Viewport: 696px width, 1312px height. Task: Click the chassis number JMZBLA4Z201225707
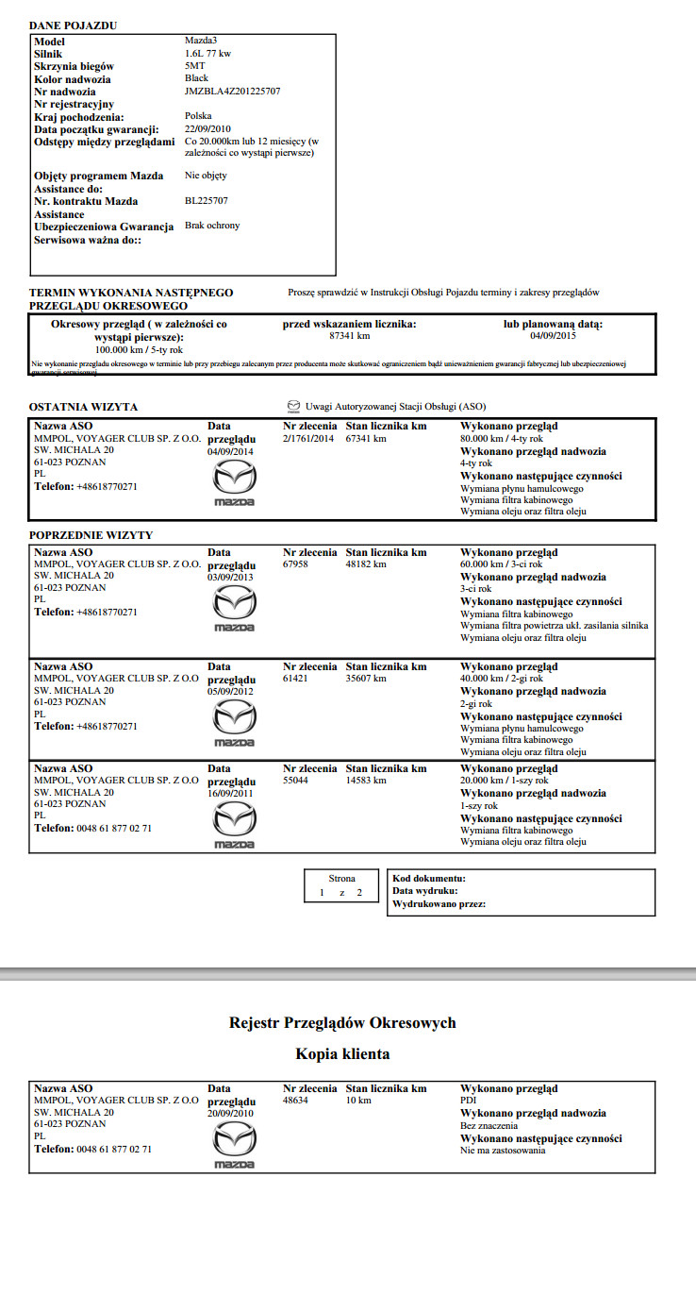232,92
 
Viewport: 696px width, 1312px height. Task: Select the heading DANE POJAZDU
74,25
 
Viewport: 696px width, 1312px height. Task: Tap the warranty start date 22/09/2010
208,128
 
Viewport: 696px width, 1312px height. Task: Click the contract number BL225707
207,201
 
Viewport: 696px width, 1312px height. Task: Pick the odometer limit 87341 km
349,336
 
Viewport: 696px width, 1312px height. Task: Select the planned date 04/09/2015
553,336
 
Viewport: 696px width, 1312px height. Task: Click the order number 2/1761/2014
308,439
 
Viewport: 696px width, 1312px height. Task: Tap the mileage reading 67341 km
366,439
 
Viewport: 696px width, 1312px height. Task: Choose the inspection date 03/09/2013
231,577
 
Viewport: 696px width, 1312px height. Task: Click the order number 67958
296,564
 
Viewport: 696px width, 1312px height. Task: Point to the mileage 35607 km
366,679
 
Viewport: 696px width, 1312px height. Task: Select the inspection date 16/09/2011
231,794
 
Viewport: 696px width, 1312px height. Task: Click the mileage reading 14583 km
366,781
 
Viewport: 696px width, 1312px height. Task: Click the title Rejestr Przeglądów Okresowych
343,1023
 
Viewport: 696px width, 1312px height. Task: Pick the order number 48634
296,1101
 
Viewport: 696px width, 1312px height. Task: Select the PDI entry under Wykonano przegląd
468,1101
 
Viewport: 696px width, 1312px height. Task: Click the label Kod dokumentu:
429,879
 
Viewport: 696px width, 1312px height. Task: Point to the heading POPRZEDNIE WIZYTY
91,535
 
